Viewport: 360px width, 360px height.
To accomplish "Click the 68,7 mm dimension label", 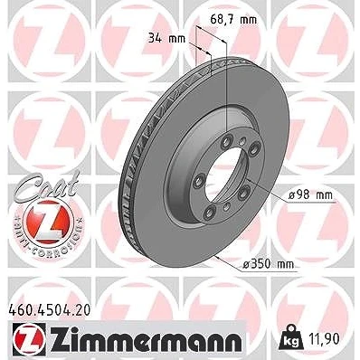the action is [233, 20].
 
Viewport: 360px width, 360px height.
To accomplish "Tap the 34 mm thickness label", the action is [166, 39].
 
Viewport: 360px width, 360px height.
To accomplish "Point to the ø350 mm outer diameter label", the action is [269, 264].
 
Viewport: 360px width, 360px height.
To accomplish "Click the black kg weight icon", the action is [291, 337].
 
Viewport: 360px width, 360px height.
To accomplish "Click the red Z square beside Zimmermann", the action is [29, 338].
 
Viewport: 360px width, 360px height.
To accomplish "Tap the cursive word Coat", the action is [48, 185].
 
